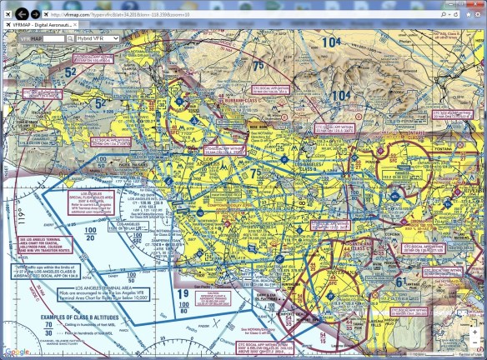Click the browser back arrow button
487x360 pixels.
click(x=18, y=14)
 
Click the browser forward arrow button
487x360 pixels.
click(x=34, y=14)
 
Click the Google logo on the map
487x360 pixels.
click(x=12, y=352)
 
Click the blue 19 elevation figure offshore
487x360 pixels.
click(x=181, y=293)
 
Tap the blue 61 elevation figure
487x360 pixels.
click(x=401, y=282)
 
